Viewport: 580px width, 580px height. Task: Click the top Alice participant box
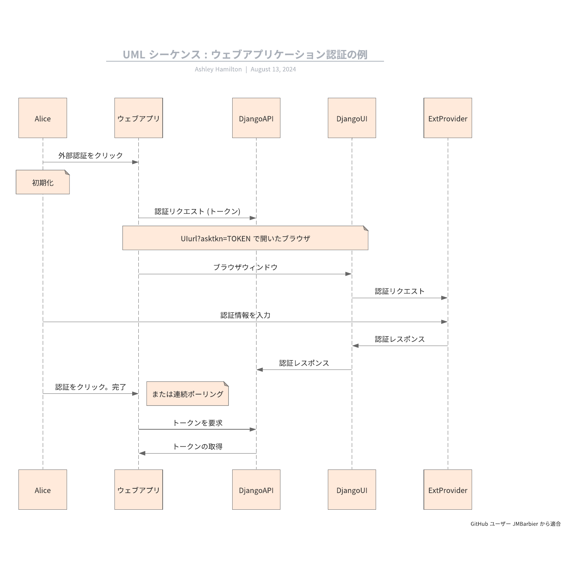[43, 118]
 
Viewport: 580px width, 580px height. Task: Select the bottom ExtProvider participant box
[448, 490]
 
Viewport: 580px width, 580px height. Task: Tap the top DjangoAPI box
[256, 118]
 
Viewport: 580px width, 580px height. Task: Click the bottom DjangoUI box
[352, 490]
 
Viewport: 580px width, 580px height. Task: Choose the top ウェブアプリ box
[138, 118]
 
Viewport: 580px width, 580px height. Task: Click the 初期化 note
[43, 183]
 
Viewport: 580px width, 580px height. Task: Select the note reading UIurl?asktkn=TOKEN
[245, 238]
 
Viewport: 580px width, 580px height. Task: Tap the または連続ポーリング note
[187, 394]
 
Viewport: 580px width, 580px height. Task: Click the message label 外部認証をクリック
[91, 155]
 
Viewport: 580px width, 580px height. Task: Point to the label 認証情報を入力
[245, 315]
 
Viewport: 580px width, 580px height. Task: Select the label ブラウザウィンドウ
[245, 267]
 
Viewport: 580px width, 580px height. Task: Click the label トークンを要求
[197, 423]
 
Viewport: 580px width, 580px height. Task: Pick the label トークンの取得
[197, 447]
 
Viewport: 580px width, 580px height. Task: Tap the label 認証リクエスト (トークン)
[197, 211]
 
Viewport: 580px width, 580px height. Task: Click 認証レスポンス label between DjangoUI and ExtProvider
[400, 339]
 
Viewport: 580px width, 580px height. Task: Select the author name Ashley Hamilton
[218, 69]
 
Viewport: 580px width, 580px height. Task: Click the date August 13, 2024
[273, 69]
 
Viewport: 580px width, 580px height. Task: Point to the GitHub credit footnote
[516, 524]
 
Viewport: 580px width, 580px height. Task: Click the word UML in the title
[134, 54]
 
